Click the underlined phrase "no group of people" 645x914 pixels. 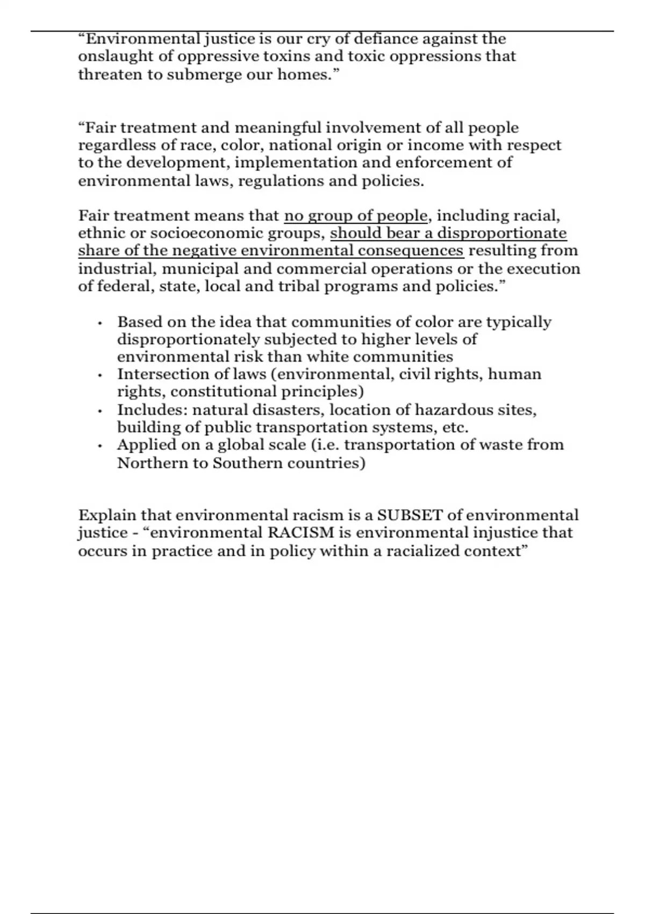point(356,216)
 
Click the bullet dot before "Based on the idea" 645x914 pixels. point(100,324)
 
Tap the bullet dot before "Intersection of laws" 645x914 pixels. point(100,376)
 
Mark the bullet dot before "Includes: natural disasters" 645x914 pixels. point(100,411)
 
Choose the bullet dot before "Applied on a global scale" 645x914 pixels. point(100,446)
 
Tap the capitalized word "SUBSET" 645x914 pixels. point(410,515)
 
